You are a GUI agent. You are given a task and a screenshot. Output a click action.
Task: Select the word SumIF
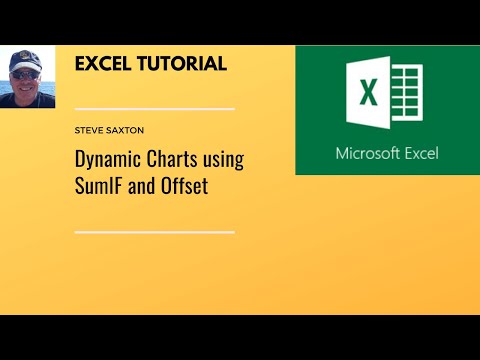99,186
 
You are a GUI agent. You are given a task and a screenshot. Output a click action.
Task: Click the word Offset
183,186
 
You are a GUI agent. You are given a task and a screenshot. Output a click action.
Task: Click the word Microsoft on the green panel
366,154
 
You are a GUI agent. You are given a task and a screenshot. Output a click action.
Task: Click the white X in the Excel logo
367,95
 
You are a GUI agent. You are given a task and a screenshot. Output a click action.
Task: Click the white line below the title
155,232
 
